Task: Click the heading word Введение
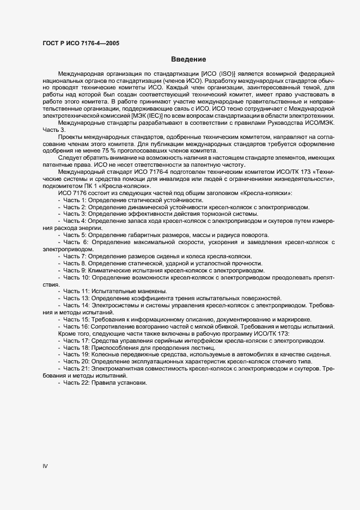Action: (x=188, y=59)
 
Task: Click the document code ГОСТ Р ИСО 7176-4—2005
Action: (x=81, y=42)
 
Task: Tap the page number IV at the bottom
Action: (x=45, y=466)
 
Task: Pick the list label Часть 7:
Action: (x=75, y=256)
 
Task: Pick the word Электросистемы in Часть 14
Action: (x=113, y=305)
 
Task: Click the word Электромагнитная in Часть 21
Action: (x=117, y=368)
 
